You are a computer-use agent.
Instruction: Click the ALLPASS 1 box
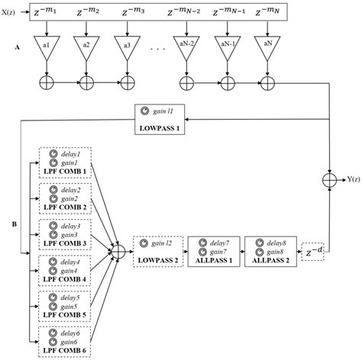212,250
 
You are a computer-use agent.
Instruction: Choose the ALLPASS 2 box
267,250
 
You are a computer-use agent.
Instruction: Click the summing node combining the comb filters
119,250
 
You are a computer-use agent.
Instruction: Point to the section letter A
18,47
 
